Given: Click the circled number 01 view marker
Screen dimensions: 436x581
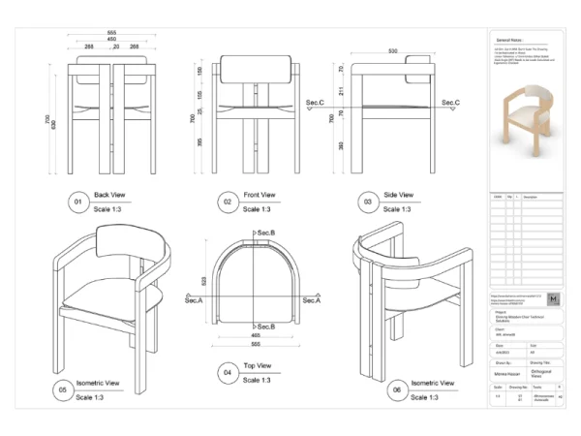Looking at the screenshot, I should tap(78, 202).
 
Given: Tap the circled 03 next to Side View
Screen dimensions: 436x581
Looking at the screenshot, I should tap(368, 202).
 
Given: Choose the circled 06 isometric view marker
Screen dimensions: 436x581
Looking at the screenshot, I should tap(395, 390).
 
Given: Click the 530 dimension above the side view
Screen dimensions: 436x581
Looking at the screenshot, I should tap(393, 50).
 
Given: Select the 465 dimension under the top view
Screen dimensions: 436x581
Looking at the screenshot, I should tap(256, 334).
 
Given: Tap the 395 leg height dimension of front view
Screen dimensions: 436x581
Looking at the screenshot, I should tap(200, 142).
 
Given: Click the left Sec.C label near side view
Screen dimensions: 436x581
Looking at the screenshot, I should tap(315, 102).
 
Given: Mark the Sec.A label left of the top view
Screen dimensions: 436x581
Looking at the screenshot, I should tap(195, 300).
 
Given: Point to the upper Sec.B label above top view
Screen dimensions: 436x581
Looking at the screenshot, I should tap(265, 234).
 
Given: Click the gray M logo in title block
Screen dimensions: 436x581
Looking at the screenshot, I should tap(552, 299).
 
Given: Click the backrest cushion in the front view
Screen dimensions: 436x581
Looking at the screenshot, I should tap(256, 69).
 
